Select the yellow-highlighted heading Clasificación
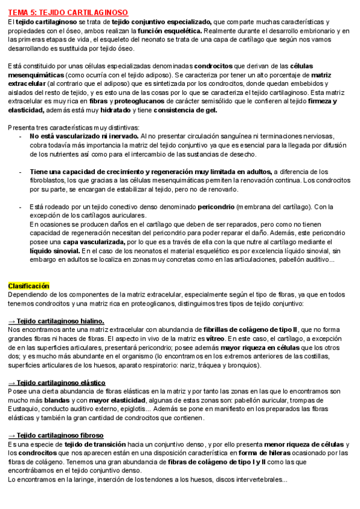[29, 286]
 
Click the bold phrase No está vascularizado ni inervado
[85, 136]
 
